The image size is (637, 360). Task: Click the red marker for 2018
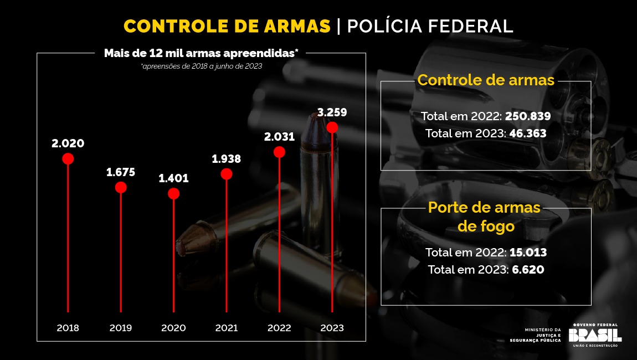coord(68,159)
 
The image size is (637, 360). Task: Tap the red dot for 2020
coord(174,193)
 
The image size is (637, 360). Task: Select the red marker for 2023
coord(332,127)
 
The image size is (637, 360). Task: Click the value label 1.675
coord(121,172)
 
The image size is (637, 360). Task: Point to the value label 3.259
coord(332,112)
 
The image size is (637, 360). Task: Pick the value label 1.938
coord(227,159)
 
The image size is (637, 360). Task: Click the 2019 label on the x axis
coord(121,328)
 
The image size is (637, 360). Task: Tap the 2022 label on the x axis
coord(279,328)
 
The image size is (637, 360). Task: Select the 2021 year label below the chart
coord(227,328)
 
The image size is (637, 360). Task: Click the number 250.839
coord(528,116)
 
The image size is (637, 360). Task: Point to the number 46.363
coord(525,133)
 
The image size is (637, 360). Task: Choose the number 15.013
coord(528,253)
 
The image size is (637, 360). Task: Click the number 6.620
coord(527,270)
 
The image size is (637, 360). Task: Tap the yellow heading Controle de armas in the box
coord(486,80)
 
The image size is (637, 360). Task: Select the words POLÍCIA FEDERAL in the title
coord(430,26)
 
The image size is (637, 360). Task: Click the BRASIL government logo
coord(595,335)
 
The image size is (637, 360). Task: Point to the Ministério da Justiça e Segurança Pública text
coord(543,335)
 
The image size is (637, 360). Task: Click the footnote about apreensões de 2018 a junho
coord(202,66)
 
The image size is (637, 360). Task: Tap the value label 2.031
coord(279,137)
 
